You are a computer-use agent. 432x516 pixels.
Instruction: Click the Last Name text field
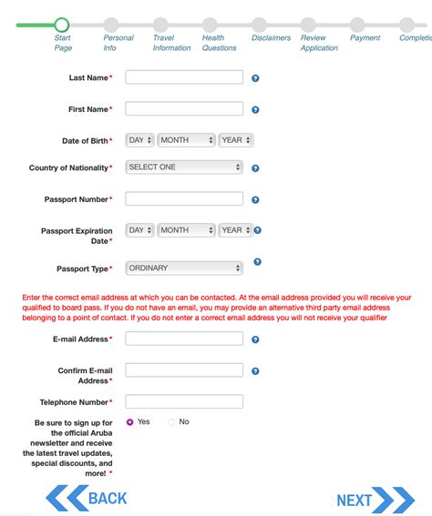[184, 77]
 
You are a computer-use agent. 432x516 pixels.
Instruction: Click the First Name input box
[184, 109]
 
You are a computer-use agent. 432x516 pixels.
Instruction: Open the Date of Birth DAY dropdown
[140, 140]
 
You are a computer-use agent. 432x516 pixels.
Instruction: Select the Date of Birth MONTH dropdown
[186, 140]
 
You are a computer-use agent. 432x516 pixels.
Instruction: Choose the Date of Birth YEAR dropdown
[236, 140]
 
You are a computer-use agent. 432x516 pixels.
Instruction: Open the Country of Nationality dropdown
[184, 167]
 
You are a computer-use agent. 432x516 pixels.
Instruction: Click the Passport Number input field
[184, 198]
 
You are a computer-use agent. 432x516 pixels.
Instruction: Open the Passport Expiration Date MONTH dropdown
[186, 230]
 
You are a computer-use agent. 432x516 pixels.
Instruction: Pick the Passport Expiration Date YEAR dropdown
[236, 230]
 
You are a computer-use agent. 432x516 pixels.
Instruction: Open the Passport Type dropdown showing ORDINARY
[184, 268]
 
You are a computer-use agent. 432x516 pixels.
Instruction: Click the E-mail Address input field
[184, 339]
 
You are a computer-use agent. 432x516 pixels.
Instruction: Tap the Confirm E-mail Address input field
[184, 370]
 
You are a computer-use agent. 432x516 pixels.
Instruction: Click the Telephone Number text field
[184, 401]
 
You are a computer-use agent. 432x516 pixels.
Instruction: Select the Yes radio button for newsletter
[130, 422]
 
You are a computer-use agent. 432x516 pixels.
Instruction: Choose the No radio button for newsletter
[171, 422]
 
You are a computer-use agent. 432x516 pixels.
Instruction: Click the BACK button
[87, 498]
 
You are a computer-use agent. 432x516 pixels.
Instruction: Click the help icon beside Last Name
[255, 78]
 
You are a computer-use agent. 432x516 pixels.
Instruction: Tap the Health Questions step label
[219, 43]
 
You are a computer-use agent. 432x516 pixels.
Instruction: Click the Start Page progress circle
[62, 25]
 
